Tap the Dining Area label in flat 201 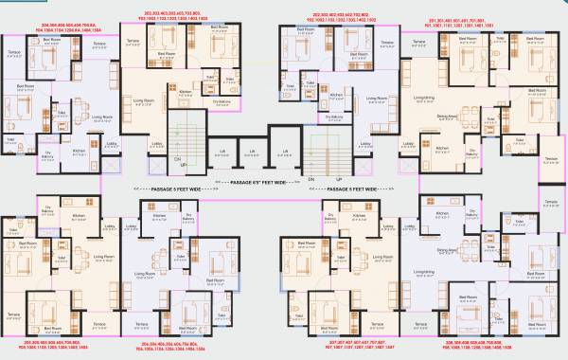445,117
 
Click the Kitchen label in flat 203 186,92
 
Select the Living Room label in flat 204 100,117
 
